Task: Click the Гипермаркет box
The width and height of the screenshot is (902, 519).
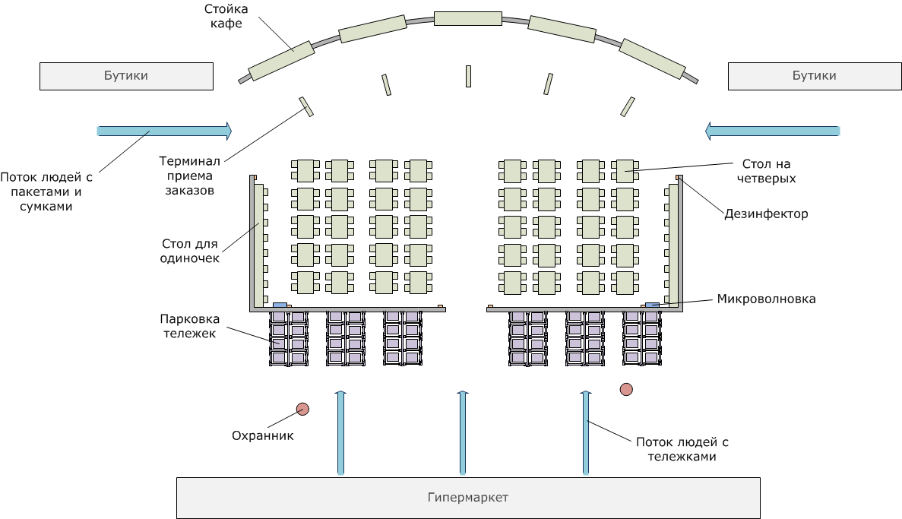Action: pyautogui.click(x=468, y=498)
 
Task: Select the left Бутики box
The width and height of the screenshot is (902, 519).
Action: pyautogui.click(x=127, y=76)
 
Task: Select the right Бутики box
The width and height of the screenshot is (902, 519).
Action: pyautogui.click(x=815, y=76)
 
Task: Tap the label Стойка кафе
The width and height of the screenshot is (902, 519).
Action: pyautogui.click(x=226, y=16)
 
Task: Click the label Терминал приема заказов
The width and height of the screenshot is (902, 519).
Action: pyautogui.click(x=189, y=176)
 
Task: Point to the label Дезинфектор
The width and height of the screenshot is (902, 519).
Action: pyautogui.click(x=766, y=214)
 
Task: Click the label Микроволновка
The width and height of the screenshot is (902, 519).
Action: pyautogui.click(x=766, y=299)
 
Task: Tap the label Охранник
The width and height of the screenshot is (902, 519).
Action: pyautogui.click(x=262, y=435)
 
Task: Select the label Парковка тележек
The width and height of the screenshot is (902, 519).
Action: pyautogui.click(x=189, y=326)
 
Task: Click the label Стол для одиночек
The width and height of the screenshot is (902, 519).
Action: pyautogui.click(x=189, y=251)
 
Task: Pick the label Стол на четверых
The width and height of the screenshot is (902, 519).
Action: pyautogui.click(x=766, y=171)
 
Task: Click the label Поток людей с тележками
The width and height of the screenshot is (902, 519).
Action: pyautogui.click(x=682, y=449)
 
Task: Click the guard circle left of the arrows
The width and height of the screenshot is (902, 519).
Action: pyautogui.click(x=302, y=409)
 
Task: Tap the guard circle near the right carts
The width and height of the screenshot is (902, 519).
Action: pyautogui.click(x=626, y=390)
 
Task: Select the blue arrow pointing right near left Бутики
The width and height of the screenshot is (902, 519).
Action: pyautogui.click(x=165, y=131)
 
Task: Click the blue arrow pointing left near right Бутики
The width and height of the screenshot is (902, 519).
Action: pyautogui.click(x=773, y=131)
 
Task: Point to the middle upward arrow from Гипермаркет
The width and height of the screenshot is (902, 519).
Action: pyautogui.click(x=463, y=432)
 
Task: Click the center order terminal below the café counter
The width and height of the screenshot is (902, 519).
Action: pyautogui.click(x=468, y=77)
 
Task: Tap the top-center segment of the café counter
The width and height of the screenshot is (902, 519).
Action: pyautogui.click(x=467, y=18)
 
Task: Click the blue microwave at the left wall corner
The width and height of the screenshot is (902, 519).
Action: pyautogui.click(x=280, y=305)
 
